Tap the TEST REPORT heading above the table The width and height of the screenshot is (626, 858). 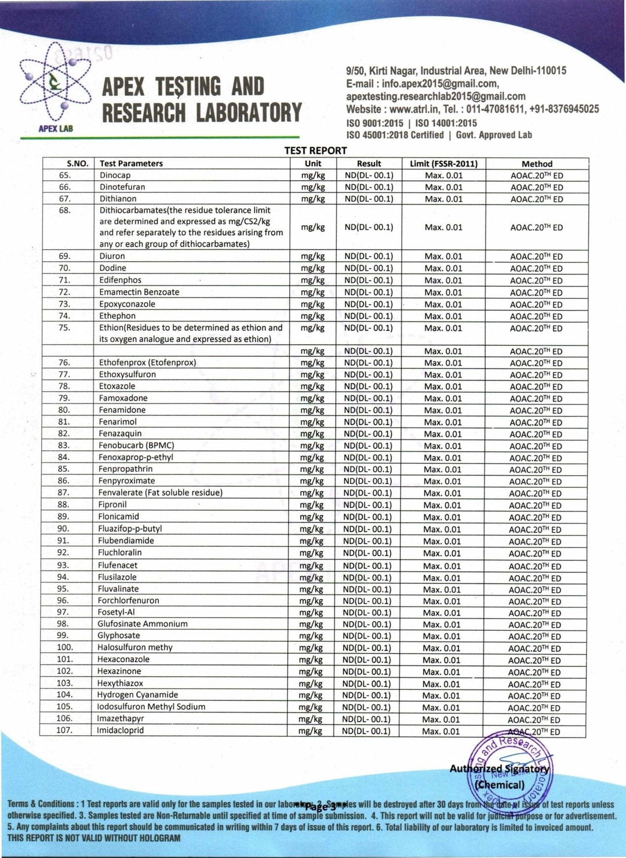[315, 151]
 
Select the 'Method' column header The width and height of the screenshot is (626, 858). [537, 164]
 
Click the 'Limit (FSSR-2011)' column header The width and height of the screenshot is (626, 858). [443, 164]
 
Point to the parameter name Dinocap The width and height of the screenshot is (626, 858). [115, 176]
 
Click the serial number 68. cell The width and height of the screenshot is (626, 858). [65, 210]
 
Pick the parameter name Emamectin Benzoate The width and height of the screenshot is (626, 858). [139, 293]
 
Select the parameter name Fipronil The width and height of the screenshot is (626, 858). [112, 505]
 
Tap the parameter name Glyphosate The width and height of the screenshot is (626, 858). [119, 636]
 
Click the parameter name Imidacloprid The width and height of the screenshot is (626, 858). [120, 731]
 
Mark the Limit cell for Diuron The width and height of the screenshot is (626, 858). [443, 257]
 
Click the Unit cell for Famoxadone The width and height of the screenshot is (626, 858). [312, 399]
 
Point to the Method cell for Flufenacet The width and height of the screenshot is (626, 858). [535, 566]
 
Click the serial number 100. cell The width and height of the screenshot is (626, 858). [65, 648]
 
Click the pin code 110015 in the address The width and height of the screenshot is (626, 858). [551, 71]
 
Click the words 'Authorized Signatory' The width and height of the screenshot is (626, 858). [499, 769]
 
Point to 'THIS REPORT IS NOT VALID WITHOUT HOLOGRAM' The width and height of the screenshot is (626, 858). [94, 838]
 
